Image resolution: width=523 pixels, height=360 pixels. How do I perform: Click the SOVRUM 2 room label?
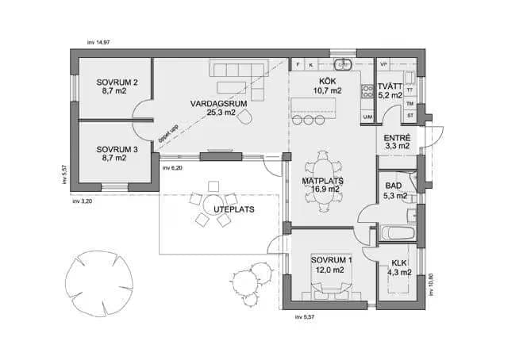coord(117,86)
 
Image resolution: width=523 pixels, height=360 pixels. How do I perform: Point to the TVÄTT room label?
coord(390,90)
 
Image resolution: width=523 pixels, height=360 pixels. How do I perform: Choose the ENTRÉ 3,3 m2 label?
coord(397,141)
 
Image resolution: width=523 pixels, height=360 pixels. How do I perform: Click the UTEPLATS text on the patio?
coord(211,209)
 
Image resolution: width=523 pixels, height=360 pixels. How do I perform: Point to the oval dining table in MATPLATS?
coord(325,182)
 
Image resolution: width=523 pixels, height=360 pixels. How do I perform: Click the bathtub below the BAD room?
coord(398,234)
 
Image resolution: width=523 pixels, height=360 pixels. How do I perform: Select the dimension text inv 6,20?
coord(172,169)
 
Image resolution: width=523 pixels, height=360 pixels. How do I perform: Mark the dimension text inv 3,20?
coord(83,202)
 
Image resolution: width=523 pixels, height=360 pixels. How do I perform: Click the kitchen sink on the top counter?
coord(344,64)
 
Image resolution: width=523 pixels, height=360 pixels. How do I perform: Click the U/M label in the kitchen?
coord(367,117)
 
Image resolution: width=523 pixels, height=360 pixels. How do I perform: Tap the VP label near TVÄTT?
coord(383,63)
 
